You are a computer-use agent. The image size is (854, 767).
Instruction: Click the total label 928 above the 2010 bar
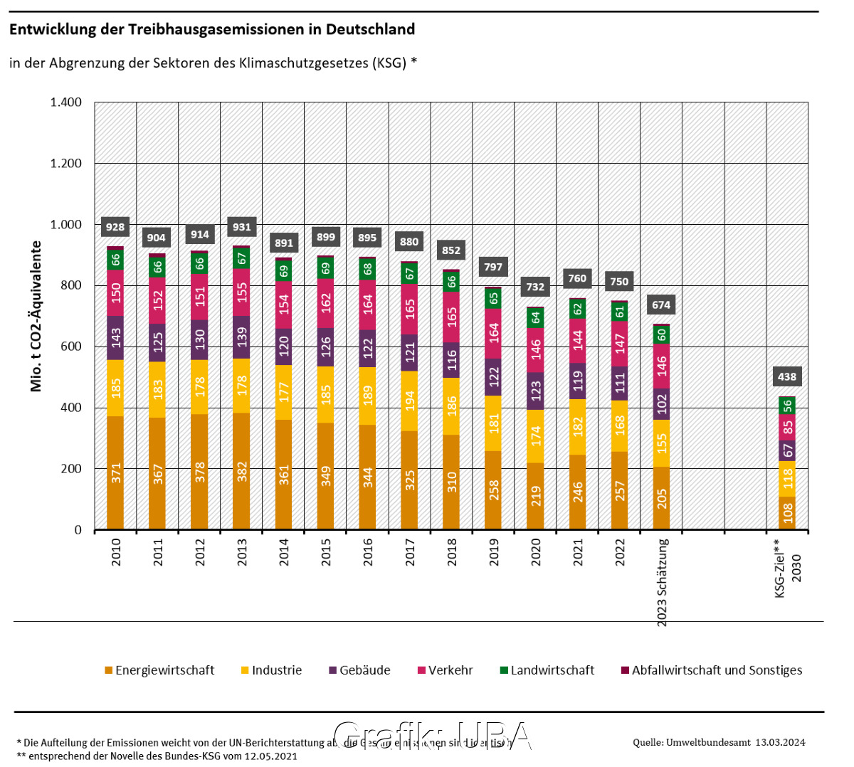coord(115,227)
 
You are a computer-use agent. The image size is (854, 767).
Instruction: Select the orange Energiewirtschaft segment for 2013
coord(242,471)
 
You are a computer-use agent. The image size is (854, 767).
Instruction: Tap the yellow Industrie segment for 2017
coord(410,401)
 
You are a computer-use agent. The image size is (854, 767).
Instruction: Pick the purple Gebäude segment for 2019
coord(494,376)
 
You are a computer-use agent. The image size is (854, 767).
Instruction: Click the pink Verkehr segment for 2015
coord(326,303)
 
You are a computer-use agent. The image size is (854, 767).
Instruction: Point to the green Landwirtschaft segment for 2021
coord(578,309)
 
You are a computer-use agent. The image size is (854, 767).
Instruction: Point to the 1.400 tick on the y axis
coord(66,102)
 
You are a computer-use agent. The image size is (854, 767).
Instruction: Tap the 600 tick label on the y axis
coord(70,347)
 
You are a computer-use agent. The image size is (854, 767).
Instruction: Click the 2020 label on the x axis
coord(536,552)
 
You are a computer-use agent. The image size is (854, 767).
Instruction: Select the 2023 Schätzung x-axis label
coord(662,582)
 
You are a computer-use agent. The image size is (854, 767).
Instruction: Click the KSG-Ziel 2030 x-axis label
coord(787,568)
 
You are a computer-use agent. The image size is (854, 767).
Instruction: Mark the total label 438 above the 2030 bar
coord(787,376)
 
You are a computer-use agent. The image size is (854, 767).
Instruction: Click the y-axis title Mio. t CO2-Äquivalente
coord(36,316)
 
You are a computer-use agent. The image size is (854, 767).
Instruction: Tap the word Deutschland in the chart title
coord(370,29)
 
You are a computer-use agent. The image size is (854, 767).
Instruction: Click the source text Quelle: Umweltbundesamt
coord(691,742)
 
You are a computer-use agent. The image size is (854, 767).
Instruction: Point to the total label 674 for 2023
coord(661,305)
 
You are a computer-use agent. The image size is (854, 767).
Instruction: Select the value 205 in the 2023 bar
coord(662,498)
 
